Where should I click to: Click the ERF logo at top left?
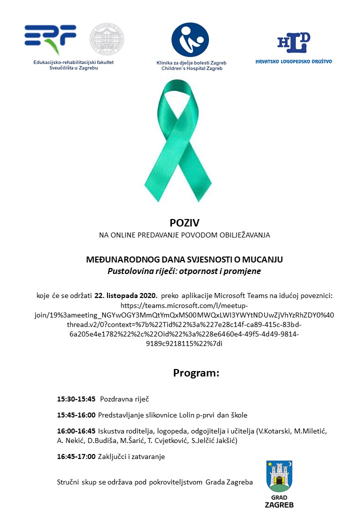[x=50, y=39]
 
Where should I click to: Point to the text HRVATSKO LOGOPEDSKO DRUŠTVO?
[x=293, y=61]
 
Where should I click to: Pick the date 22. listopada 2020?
[x=130, y=295]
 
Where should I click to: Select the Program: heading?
[x=196, y=373]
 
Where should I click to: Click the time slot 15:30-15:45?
[x=76, y=399]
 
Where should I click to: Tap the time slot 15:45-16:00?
[x=76, y=415]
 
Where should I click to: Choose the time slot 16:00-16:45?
[x=76, y=431]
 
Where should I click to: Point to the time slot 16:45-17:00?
[x=76, y=456]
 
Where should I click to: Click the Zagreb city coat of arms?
[x=279, y=476]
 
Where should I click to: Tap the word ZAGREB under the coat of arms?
[x=279, y=504]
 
